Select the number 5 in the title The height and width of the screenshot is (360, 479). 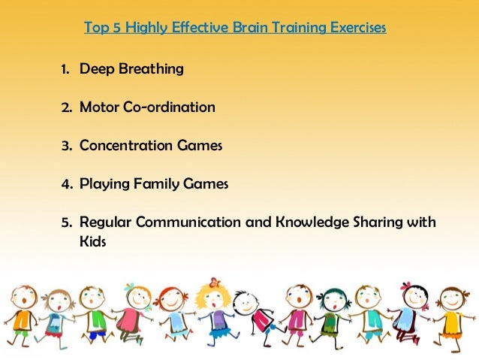coord(116,29)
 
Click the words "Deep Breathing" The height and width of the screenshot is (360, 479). coord(131,70)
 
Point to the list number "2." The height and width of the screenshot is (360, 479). coord(66,107)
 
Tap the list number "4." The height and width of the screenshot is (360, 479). coord(66,183)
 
